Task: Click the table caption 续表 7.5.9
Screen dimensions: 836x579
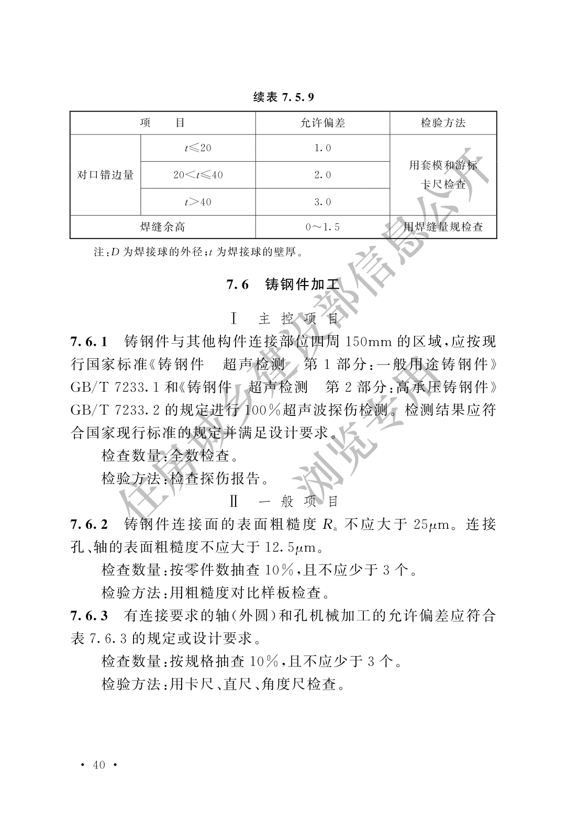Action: click(283, 97)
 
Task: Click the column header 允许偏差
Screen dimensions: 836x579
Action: click(322, 123)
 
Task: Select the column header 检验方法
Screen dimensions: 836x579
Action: click(443, 123)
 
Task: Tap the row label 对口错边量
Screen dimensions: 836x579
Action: click(105, 175)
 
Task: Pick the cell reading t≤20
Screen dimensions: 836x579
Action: click(198, 148)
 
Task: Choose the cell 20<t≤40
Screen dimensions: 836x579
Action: click(198, 175)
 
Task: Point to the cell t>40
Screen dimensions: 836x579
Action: click(198, 202)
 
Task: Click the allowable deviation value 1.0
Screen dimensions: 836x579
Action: click(322, 148)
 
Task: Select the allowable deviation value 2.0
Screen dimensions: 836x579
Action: click(322, 175)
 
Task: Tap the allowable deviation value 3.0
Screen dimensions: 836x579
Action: click(322, 202)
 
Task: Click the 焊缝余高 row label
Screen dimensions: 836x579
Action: click(163, 227)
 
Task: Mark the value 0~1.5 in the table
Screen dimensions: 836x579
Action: click(322, 227)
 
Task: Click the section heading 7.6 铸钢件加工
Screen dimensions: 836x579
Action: click(283, 285)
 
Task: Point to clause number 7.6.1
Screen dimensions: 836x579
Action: click(89, 342)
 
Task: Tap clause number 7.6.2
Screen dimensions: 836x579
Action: click(89, 524)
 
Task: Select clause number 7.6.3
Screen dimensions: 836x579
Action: click(89, 616)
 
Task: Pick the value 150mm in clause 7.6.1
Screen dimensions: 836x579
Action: click(362, 342)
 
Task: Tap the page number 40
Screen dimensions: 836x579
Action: click(99, 765)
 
